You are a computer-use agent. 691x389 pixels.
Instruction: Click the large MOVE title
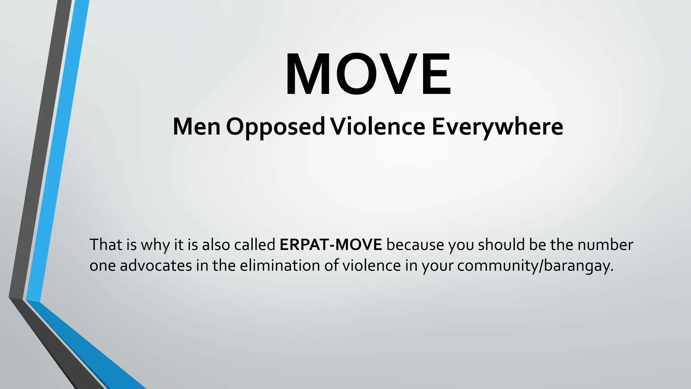tap(368, 74)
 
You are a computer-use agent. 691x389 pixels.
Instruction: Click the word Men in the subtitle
tap(196, 127)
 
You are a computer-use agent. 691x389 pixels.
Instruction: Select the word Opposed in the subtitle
tap(275, 127)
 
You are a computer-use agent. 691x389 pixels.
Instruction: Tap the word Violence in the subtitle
tap(378, 127)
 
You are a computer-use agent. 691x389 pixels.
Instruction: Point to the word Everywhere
tap(497, 127)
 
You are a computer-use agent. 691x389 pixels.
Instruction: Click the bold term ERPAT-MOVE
tap(331, 245)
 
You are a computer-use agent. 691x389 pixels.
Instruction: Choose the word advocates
tap(156, 266)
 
